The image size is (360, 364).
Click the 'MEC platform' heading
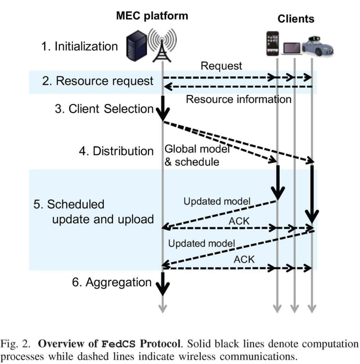click(x=152, y=16)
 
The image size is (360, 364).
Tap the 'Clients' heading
click(x=296, y=19)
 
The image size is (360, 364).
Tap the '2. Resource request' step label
click(x=104, y=81)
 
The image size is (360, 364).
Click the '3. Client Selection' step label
click(x=104, y=109)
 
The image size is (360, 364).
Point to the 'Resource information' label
click(x=239, y=100)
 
